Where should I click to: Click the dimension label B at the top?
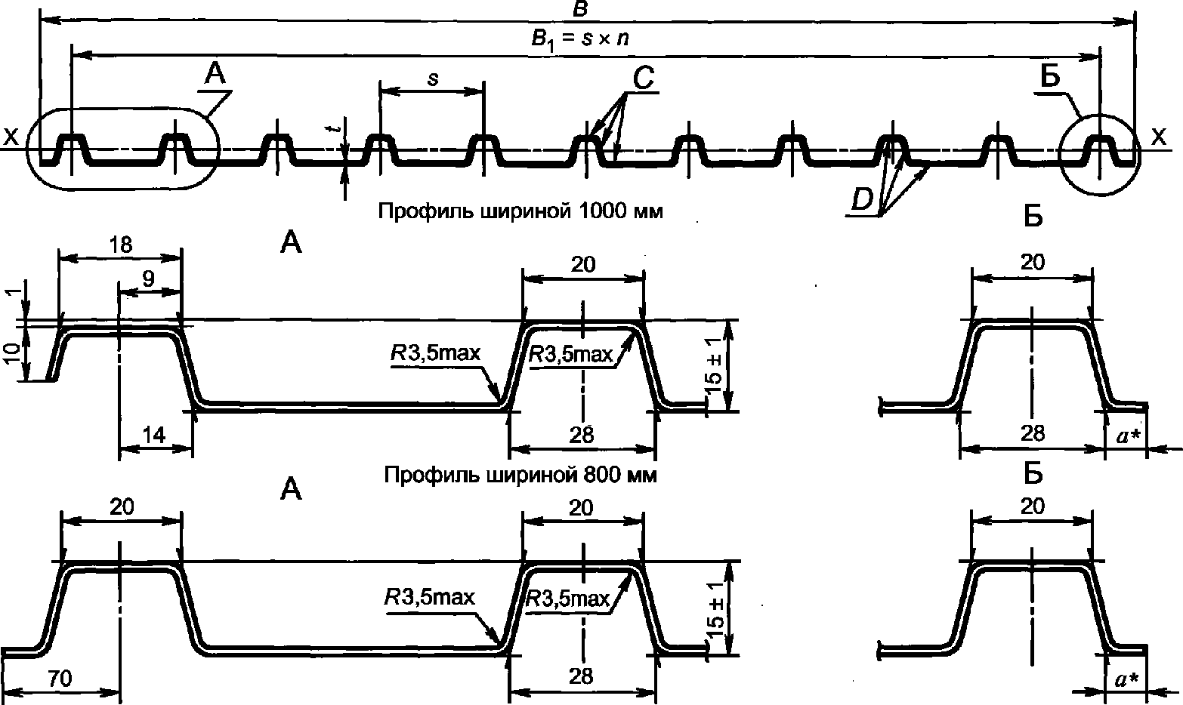581,8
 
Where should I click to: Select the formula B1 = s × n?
579,40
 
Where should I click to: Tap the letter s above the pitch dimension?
432,79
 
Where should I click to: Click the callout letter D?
861,200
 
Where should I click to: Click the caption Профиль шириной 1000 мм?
520,211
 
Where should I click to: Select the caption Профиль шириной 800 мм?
520,476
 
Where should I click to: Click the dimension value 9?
149,277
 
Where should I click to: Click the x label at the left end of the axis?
11,137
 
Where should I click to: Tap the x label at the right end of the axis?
1157,137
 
